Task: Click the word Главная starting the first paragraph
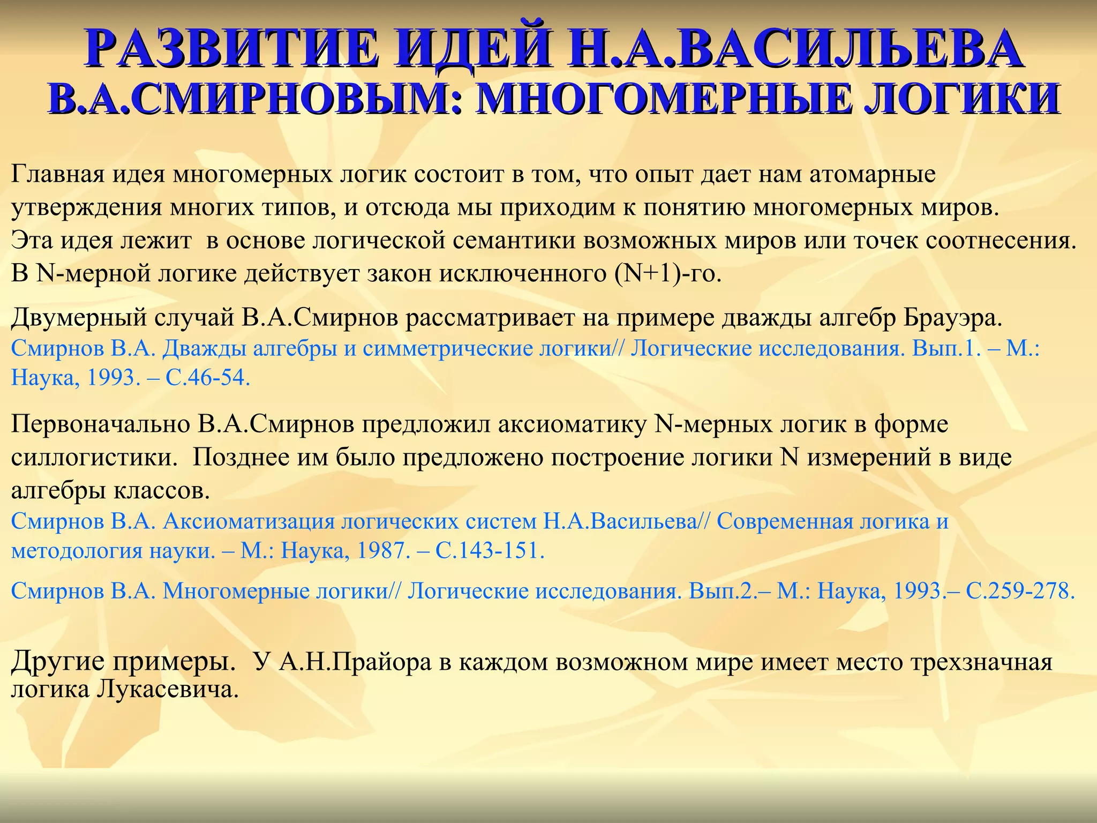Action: tap(57, 175)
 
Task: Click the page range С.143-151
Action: tap(489, 551)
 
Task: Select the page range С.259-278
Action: tap(1020, 591)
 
